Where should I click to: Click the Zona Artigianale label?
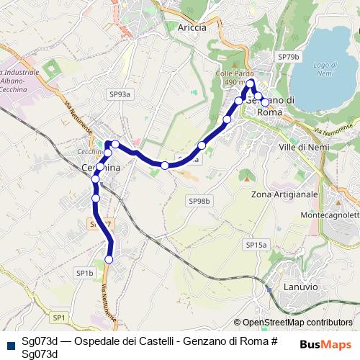(285, 194)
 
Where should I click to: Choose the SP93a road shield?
(120, 94)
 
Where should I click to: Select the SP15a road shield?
(256, 245)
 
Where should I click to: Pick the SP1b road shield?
(84, 273)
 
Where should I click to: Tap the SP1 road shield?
(58, 317)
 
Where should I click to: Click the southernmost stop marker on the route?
(109, 259)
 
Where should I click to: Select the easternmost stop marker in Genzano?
(265, 102)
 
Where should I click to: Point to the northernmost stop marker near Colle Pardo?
(251, 84)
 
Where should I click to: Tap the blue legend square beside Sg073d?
(8, 343)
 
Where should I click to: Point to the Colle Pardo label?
(230, 74)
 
